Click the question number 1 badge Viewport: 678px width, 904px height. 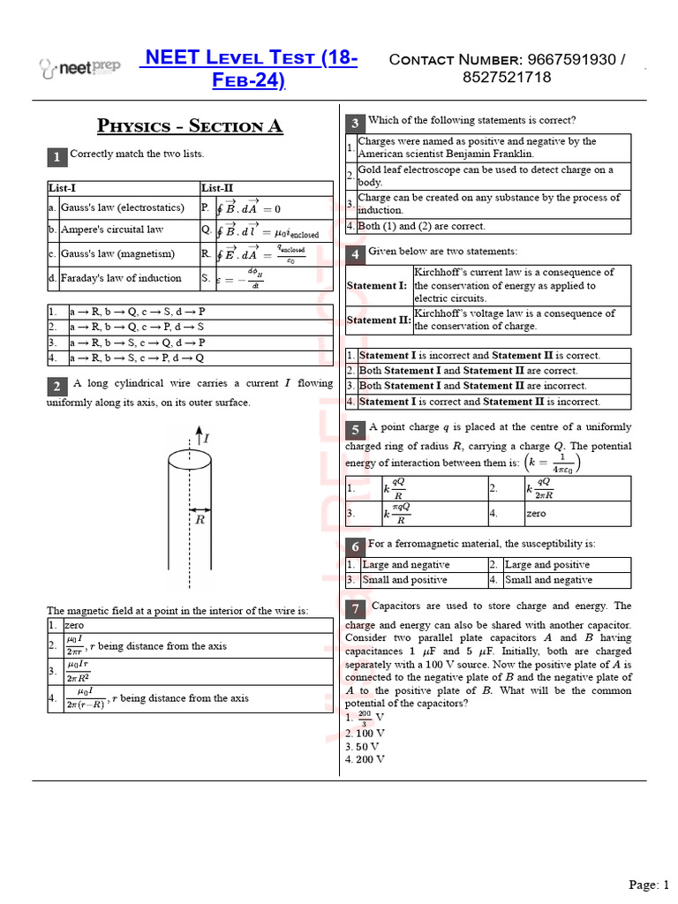tap(56, 157)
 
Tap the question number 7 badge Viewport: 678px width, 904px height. tap(354, 609)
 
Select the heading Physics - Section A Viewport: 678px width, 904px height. tap(190, 125)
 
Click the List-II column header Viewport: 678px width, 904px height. tap(217, 188)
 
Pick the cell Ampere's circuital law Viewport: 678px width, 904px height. tap(112, 230)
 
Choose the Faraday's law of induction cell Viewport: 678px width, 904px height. tap(121, 278)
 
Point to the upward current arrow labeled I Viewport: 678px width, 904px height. tap(198, 436)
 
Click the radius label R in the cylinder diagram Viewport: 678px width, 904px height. tap(200, 520)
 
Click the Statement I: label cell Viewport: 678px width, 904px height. tap(377, 286)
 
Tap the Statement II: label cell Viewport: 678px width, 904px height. tap(379, 320)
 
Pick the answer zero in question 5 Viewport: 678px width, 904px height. tap(536, 513)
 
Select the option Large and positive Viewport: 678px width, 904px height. tap(547, 565)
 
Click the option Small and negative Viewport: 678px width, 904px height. tap(548, 580)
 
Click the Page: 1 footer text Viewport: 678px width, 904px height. tap(649, 885)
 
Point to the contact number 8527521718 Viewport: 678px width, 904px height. tap(507, 78)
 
